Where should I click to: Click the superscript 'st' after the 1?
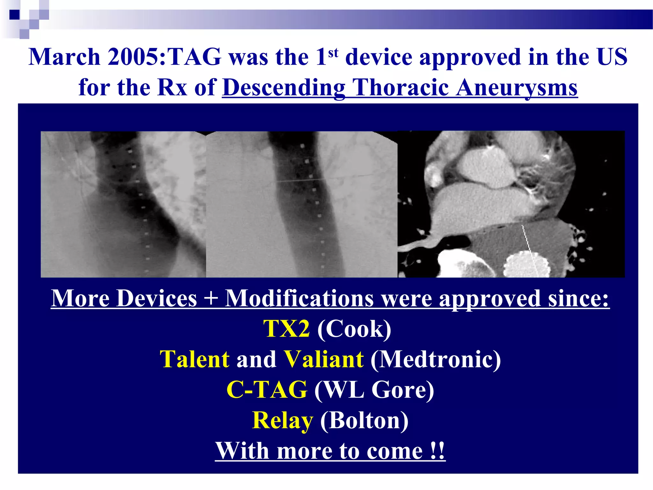(333, 52)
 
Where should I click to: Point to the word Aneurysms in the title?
(517, 88)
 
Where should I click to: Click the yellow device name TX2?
(286, 329)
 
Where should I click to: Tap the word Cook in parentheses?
(354, 329)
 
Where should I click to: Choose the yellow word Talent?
(194, 359)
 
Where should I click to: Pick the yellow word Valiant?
(323, 359)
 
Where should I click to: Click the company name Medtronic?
(436, 359)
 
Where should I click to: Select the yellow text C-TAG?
(267, 390)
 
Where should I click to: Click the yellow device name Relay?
(282, 420)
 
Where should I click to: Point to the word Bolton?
(364, 420)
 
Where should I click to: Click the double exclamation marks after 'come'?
(437, 451)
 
